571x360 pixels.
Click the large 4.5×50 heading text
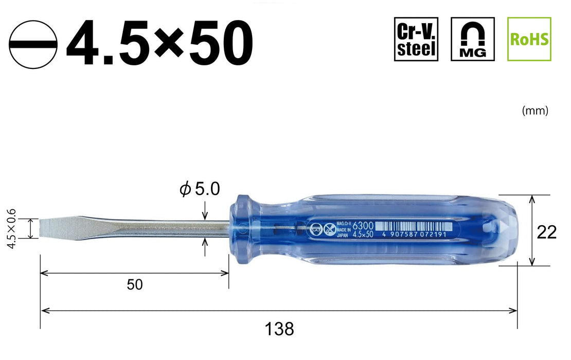pyautogui.click(x=159, y=43)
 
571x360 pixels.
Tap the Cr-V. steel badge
pyautogui.click(x=416, y=39)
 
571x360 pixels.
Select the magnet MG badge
pyautogui.click(x=472, y=39)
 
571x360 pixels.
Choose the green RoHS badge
pyautogui.click(x=529, y=39)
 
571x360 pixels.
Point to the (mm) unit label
pyautogui.click(x=534, y=111)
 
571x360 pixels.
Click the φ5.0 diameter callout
pyautogui.click(x=200, y=189)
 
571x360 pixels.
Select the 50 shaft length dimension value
pyautogui.click(x=135, y=284)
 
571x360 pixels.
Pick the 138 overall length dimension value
pyautogui.click(x=280, y=328)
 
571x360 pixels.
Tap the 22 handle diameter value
pyautogui.click(x=546, y=232)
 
